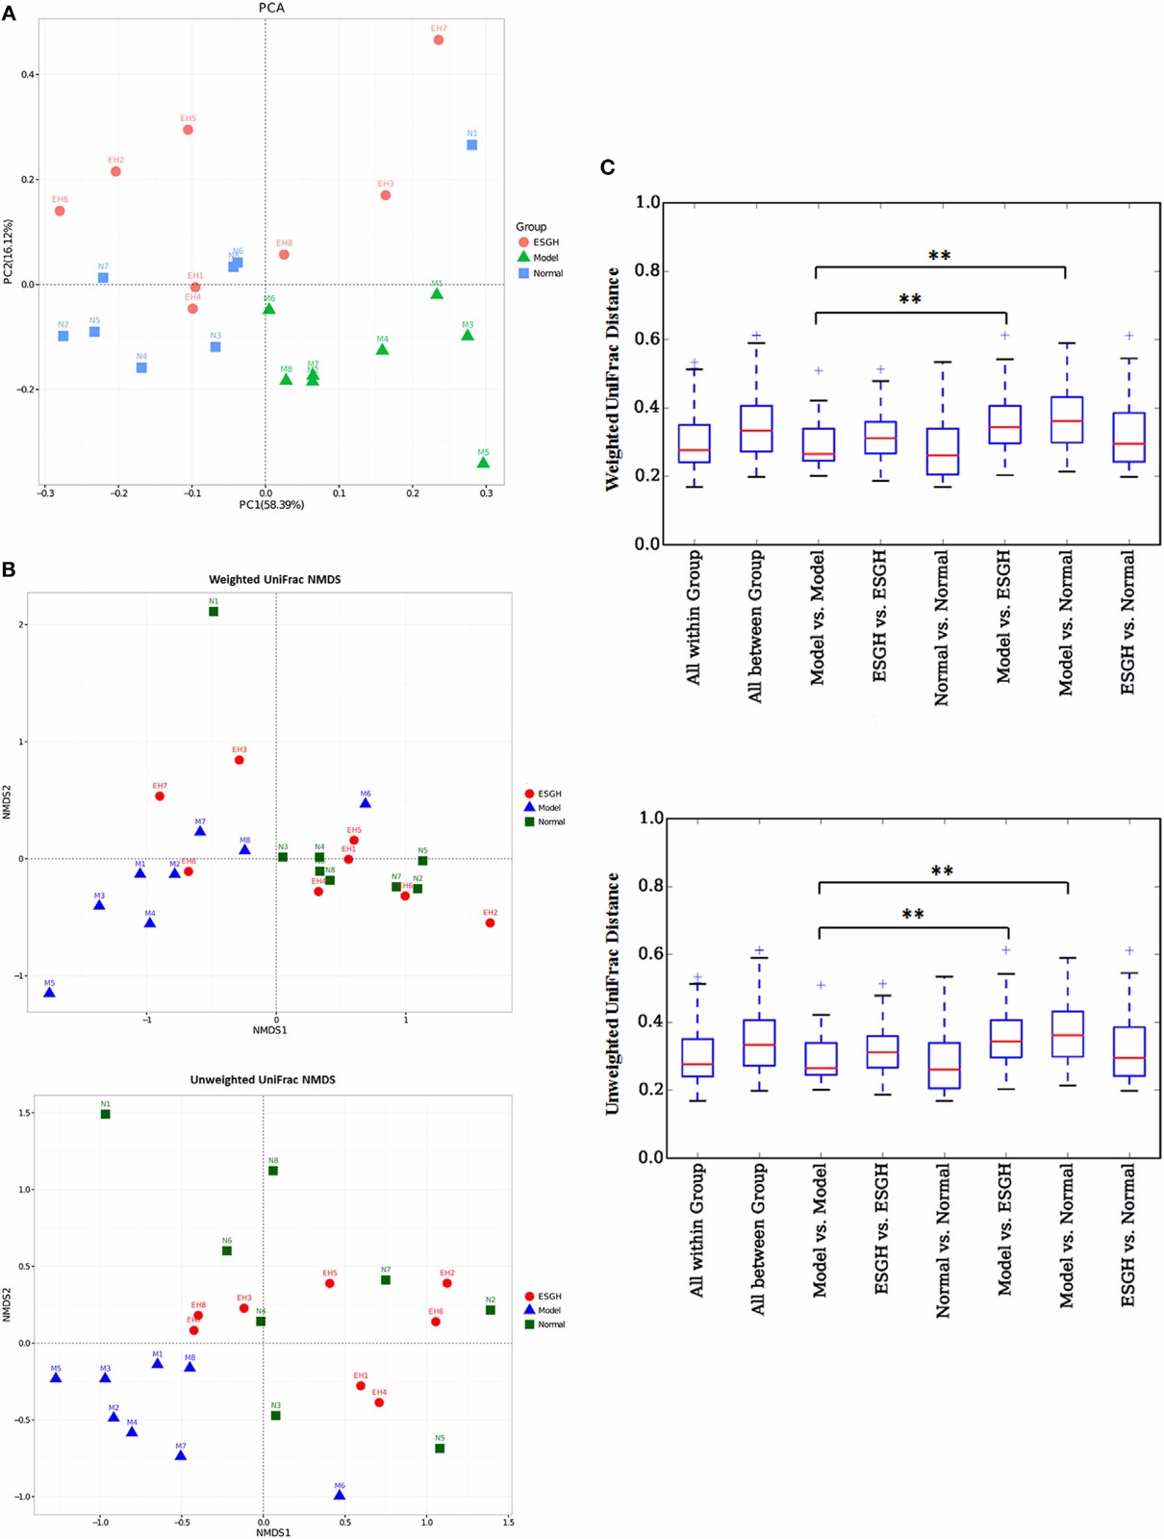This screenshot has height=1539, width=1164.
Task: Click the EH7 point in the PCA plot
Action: [439, 40]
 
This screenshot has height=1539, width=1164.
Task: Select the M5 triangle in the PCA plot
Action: [483, 464]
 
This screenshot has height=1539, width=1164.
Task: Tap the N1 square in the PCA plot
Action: [472, 145]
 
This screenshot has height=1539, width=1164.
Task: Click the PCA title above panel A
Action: [271, 8]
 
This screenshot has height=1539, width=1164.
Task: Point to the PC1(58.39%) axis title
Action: [271, 505]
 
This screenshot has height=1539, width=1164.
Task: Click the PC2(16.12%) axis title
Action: [9, 252]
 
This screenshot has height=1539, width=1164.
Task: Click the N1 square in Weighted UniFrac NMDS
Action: [214, 612]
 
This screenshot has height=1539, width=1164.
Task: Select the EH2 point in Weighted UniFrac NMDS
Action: [491, 923]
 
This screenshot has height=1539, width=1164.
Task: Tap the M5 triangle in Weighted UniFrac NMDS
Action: [49, 993]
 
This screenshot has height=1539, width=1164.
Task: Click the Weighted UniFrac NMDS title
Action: [275, 579]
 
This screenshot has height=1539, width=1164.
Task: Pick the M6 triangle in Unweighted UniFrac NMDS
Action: [340, 1496]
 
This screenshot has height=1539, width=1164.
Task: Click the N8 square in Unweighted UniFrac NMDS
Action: [273, 1171]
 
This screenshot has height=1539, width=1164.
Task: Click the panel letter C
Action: [608, 167]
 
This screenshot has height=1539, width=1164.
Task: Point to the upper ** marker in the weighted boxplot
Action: [940, 256]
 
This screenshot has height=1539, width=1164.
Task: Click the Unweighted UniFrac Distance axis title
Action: [612, 994]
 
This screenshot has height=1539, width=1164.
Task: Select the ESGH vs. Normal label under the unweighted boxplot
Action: [1128, 1235]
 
